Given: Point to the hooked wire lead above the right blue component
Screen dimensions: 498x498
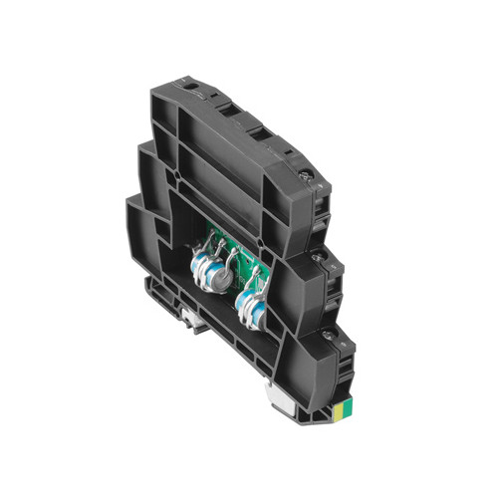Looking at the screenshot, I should [x=261, y=282].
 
